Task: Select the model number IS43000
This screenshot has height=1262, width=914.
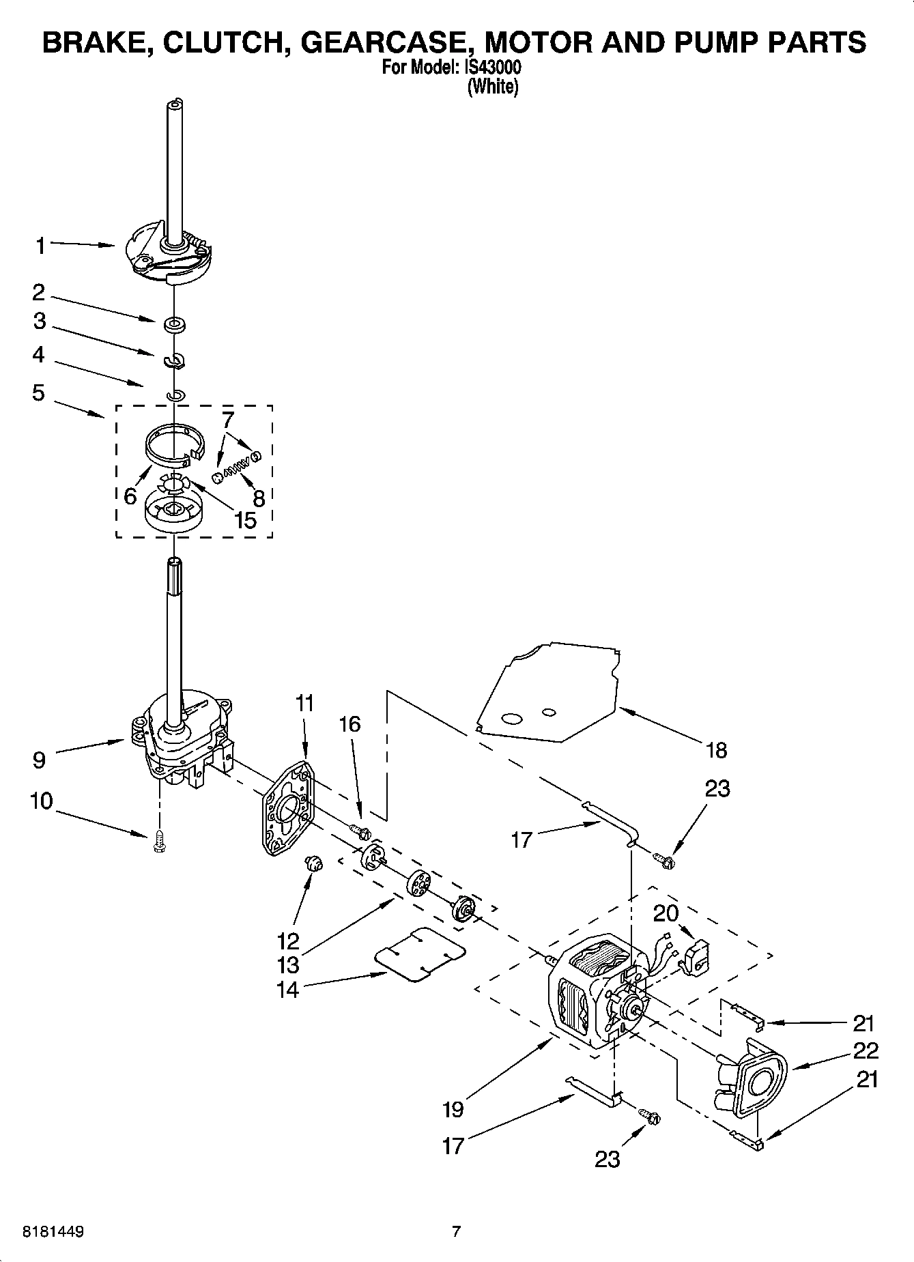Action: [x=494, y=68]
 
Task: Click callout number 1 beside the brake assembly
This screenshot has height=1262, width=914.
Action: [x=40, y=245]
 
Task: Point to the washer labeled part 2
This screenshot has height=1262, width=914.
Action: [x=174, y=322]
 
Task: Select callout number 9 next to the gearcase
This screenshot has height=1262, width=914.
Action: [x=39, y=760]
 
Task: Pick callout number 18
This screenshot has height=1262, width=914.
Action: [x=716, y=750]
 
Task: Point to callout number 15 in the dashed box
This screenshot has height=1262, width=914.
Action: [x=244, y=520]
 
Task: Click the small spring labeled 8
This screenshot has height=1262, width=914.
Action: [x=236, y=466]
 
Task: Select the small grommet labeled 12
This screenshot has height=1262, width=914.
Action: [x=314, y=864]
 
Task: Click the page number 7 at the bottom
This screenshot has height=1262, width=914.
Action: [x=457, y=1231]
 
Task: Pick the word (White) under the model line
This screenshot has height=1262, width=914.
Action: [x=493, y=87]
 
